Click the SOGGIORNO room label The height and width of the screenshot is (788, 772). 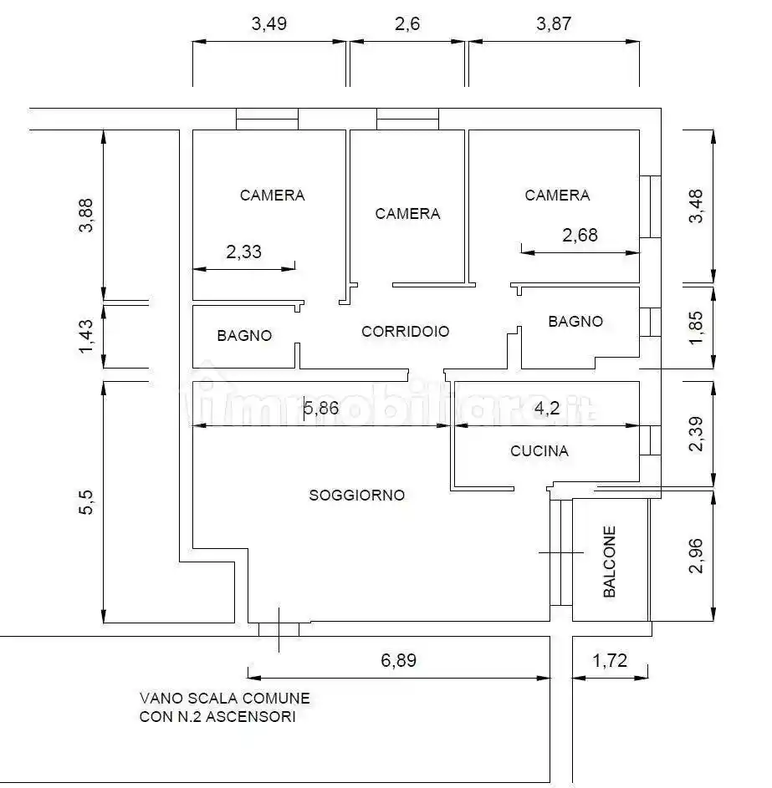(x=356, y=495)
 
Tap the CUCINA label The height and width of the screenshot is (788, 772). (x=539, y=450)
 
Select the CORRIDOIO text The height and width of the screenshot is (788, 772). (x=406, y=331)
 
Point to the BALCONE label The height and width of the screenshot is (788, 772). (x=609, y=562)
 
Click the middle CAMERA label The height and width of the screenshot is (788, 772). (x=407, y=214)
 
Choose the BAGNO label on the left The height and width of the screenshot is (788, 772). (x=244, y=335)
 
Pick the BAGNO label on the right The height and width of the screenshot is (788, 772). (x=575, y=321)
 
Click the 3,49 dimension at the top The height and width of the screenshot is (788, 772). (x=269, y=23)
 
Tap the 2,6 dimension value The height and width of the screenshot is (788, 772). (x=406, y=23)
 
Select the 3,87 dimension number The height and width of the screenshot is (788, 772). (x=554, y=23)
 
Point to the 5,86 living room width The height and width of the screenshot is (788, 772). (x=321, y=408)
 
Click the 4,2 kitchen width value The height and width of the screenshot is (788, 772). (x=547, y=408)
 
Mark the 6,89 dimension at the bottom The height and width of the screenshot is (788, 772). (x=398, y=660)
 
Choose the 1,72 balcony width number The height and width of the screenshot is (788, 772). (x=610, y=660)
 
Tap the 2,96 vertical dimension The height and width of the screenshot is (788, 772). (x=696, y=556)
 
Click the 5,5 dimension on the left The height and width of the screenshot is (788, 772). (x=86, y=502)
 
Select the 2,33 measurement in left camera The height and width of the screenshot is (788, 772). (x=244, y=252)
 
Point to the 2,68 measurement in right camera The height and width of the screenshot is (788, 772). (x=580, y=235)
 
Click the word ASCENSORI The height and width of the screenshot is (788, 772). (x=250, y=716)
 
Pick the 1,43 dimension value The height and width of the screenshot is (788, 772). (x=86, y=336)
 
